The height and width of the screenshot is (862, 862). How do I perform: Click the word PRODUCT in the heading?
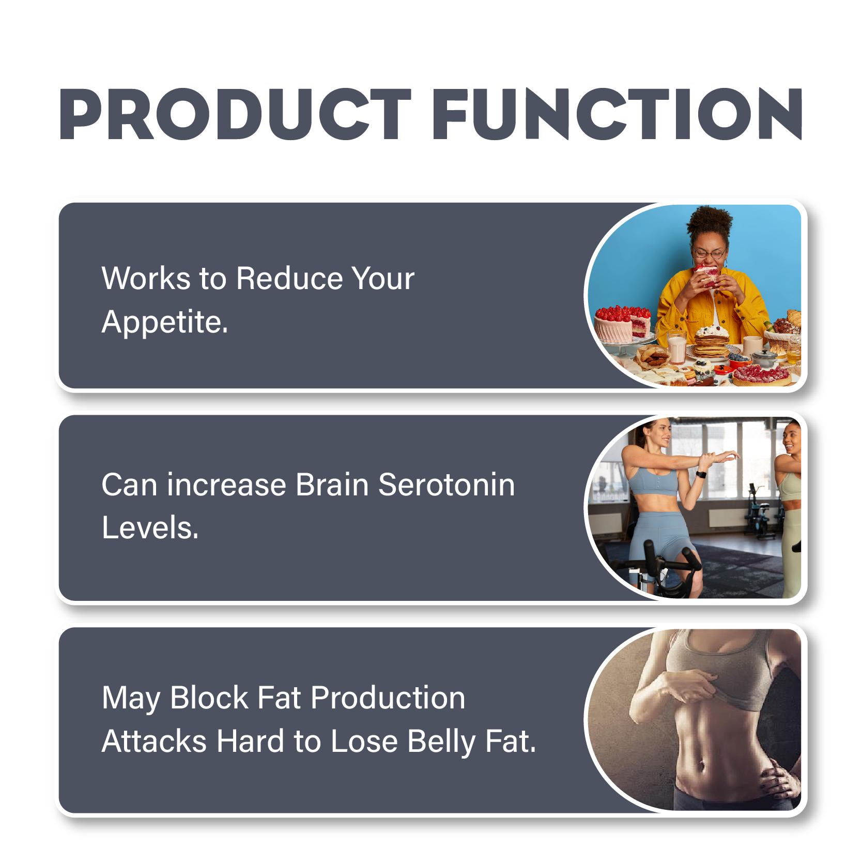(235, 114)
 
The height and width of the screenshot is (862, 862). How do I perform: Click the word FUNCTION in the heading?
(617, 114)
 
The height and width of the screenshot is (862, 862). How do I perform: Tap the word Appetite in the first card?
(164, 323)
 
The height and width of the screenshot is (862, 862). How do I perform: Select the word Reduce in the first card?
(289, 278)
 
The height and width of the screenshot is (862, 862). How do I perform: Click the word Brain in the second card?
(332, 485)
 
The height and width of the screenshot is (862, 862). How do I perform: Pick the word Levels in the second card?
(150, 528)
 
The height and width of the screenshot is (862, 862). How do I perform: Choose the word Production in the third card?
(388, 698)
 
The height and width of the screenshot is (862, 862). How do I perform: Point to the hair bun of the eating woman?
(709, 219)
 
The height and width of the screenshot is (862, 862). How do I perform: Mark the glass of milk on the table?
(676, 347)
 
